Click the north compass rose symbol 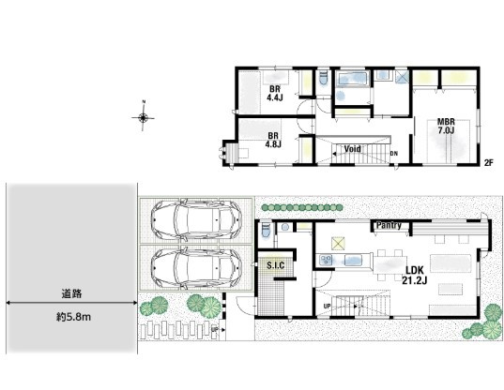(143, 118)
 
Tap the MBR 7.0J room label (446, 127)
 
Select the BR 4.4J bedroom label (274, 93)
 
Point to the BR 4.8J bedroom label (273, 141)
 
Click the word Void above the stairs (352, 149)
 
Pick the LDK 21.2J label (415, 276)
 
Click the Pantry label (389, 225)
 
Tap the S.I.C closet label (276, 265)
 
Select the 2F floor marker (489, 163)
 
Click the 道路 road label (71, 293)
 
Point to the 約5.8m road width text (73, 317)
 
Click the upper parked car (196, 220)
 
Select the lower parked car (196, 267)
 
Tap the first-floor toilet (267, 231)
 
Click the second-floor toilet (324, 78)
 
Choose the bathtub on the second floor (352, 79)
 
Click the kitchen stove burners (326, 260)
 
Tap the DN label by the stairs (394, 154)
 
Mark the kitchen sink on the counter (353, 260)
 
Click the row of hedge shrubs (302, 208)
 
